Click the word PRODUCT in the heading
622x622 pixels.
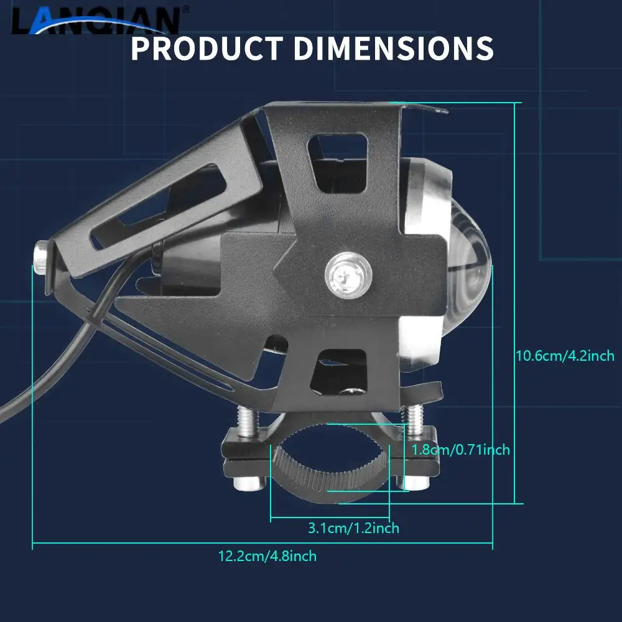click(207, 49)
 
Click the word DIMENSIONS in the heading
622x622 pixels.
click(394, 49)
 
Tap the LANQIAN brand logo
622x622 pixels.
click(95, 20)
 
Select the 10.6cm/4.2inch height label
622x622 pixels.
click(565, 355)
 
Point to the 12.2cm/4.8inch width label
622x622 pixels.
click(267, 555)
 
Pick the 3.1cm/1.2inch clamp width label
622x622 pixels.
click(353, 528)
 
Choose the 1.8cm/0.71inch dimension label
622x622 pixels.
click(460, 450)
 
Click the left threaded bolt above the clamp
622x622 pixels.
click(247, 421)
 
